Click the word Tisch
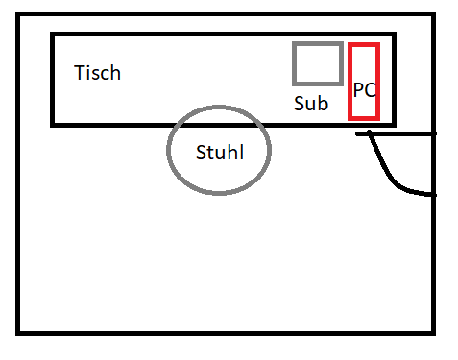97,73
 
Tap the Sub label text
311,103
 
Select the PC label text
365,90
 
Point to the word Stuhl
220,152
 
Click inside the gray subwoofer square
318,63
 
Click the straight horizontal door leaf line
396,133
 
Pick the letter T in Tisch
79,73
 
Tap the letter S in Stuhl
201,153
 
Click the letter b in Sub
324,103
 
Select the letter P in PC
358,90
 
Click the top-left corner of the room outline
17,14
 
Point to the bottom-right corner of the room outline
434,333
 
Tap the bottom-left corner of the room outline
17,333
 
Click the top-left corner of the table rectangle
53,35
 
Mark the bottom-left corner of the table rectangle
53,125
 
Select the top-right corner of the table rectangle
395,35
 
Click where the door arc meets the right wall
434,195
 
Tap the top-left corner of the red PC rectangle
350,44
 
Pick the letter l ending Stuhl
242,152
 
